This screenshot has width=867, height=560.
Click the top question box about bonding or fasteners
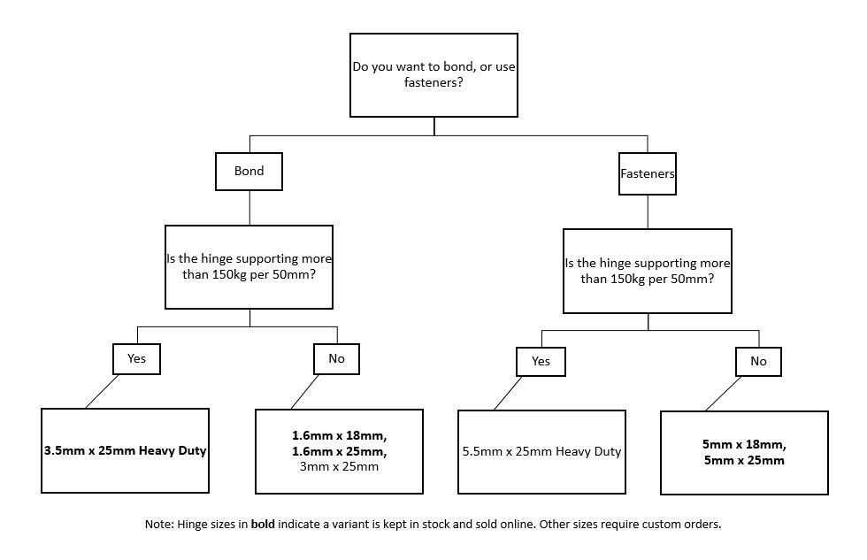[x=433, y=74]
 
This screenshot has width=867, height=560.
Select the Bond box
[x=249, y=172]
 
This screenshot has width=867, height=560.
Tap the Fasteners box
[x=647, y=173]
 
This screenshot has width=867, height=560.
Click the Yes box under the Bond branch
[x=136, y=359]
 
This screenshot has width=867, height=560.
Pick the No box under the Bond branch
[x=336, y=359]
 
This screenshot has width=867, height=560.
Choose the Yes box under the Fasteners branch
[x=541, y=362]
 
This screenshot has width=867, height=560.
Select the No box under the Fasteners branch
[x=758, y=362]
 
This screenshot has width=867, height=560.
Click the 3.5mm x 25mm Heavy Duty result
[x=125, y=450]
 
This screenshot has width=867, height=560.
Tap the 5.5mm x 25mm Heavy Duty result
[x=541, y=452]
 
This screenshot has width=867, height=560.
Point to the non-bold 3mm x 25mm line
[x=339, y=466]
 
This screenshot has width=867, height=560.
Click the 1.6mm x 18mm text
[x=339, y=435]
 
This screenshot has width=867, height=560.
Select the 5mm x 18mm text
[x=744, y=444]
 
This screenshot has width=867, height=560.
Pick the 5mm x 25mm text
[x=744, y=461]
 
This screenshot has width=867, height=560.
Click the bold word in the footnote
[x=263, y=524]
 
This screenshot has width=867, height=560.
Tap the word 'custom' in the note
[x=660, y=524]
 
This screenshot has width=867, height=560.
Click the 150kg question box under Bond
[x=249, y=267]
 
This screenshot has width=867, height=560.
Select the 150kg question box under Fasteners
[x=647, y=271]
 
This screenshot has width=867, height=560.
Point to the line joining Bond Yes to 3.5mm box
[x=102, y=392]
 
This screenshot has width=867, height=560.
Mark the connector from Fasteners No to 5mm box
[x=724, y=394]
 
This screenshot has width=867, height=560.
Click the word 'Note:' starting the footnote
[x=159, y=524]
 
